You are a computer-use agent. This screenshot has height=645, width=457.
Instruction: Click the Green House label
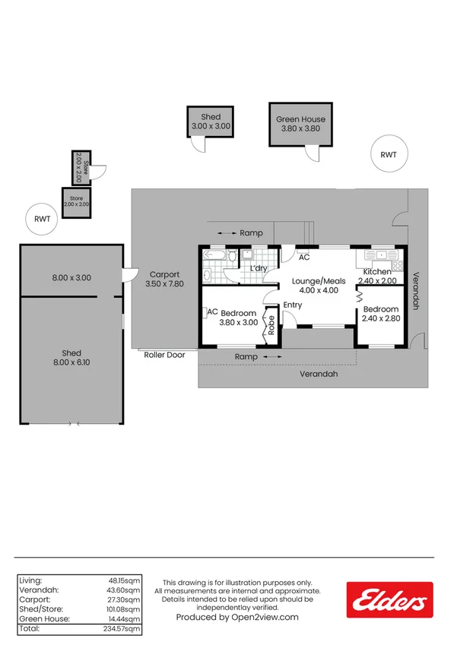point(300,119)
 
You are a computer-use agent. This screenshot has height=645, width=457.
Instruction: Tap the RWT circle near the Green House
point(389,154)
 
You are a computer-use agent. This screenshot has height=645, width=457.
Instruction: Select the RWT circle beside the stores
point(42,219)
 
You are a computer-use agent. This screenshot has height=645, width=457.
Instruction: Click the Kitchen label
point(377,272)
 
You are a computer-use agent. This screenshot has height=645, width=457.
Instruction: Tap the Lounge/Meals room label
point(319,281)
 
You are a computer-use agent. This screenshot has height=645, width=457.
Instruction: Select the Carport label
point(164,275)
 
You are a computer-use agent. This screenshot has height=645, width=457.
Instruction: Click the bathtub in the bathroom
point(215,257)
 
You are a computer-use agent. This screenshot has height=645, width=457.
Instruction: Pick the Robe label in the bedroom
point(270,325)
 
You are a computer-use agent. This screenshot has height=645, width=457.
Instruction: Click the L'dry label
point(259,268)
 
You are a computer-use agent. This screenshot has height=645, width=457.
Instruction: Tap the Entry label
point(293,305)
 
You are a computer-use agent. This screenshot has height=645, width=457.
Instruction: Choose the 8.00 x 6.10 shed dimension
point(71,363)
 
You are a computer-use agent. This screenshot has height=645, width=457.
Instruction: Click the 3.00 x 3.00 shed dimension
point(211,127)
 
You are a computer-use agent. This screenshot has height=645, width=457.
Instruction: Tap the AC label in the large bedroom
point(213,311)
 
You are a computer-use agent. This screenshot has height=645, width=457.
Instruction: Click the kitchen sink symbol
point(377,256)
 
